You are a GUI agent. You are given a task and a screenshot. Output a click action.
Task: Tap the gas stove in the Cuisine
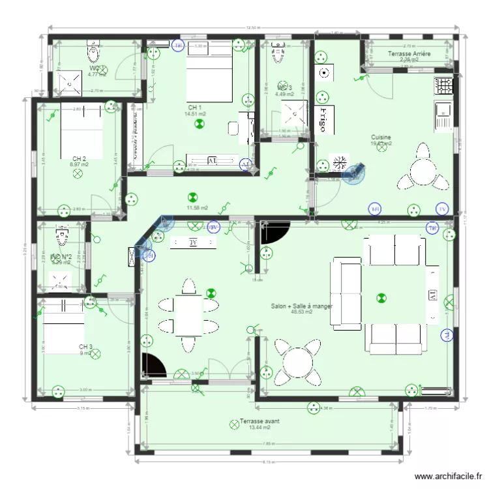445,85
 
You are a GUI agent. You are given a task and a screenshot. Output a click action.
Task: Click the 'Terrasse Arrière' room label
409,54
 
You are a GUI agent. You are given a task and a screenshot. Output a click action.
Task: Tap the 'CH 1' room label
194,108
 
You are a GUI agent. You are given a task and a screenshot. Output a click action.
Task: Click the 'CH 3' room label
85,347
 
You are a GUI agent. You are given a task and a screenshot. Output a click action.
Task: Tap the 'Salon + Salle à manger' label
301,305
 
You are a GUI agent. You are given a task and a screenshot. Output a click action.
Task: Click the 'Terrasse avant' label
259,421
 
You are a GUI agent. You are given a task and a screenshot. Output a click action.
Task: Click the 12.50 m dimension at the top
254,28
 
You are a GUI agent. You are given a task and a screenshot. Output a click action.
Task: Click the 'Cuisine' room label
381,138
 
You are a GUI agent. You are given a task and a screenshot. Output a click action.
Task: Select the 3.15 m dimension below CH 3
83,409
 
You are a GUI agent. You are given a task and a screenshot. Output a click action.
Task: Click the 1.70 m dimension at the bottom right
430,409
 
